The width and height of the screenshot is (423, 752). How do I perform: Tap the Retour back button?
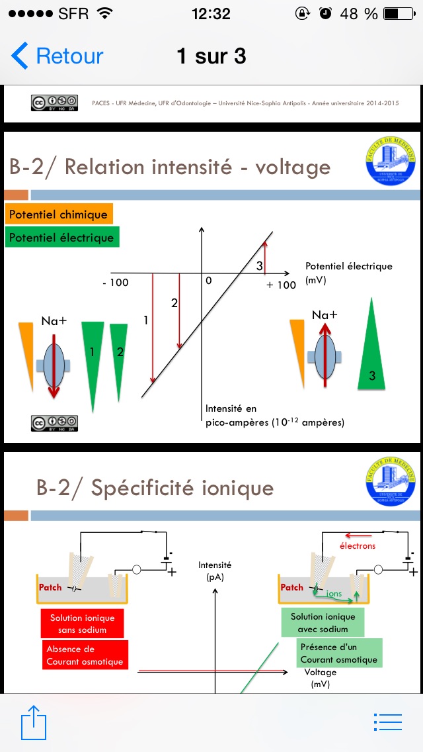click(58, 56)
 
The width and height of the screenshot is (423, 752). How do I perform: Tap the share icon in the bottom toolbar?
click(34, 722)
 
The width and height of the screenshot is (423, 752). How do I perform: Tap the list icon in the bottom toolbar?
click(388, 722)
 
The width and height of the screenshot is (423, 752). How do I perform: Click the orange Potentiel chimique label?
click(59, 214)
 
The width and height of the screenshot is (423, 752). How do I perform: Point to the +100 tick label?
click(281, 285)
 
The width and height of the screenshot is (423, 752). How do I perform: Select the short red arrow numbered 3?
click(265, 254)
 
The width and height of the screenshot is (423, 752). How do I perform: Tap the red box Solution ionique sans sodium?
click(82, 624)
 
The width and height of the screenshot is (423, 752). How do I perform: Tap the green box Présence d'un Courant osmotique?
click(338, 653)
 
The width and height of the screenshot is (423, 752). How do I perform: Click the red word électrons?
click(358, 545)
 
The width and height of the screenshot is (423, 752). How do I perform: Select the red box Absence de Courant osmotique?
click(85, 655)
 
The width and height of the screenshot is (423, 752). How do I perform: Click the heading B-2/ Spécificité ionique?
click(155, 488)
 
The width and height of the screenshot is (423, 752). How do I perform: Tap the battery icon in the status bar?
click(400, 13)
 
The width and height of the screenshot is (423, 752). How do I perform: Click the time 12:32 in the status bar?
click(211, 13)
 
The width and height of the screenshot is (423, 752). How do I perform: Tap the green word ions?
click(334, 593)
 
